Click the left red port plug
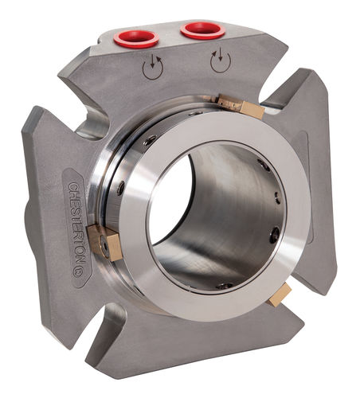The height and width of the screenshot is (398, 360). click(136, 39)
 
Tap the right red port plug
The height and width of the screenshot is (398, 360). click(203, 30)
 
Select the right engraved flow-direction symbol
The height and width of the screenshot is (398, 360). click(221, 60)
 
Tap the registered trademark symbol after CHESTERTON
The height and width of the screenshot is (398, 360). click(77, 272)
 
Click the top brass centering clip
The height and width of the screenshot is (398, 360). click(241, 107)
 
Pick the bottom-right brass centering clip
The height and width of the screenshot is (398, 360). click(280, 295)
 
